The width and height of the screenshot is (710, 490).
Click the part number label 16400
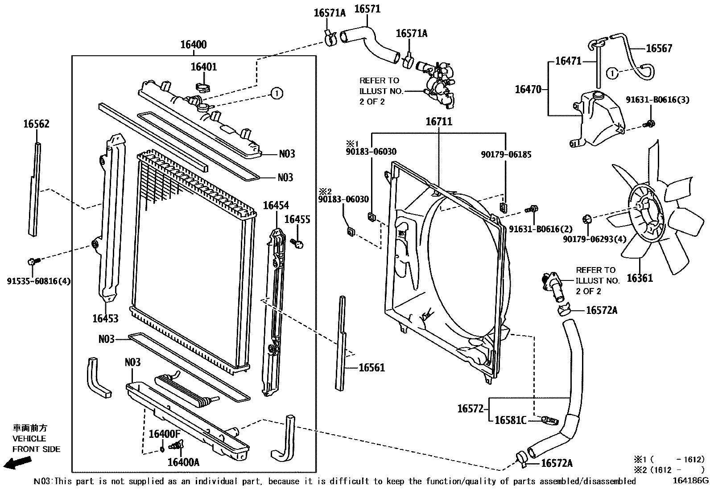point(193,45)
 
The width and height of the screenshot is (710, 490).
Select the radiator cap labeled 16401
point(202,86)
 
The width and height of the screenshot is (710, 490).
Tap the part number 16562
point(36,124)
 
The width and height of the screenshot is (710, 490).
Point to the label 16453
point(106,318)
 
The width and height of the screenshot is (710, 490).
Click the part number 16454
point(276,206)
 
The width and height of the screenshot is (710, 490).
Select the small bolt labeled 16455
point(297,243)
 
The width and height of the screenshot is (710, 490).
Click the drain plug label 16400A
point(183,462)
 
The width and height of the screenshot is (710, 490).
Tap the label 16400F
point(165,434)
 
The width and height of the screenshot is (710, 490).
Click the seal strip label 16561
point(372,368)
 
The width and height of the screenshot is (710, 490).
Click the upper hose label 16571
point(367,9)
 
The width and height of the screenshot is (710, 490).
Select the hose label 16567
point(659,49)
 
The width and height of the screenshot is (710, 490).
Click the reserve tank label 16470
point(528,90)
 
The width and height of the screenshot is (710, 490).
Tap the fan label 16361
point(640,278)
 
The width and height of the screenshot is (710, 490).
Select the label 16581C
point(510,420)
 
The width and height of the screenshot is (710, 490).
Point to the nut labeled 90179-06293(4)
point(587,219)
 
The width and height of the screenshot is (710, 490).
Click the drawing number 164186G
point(691,481)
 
